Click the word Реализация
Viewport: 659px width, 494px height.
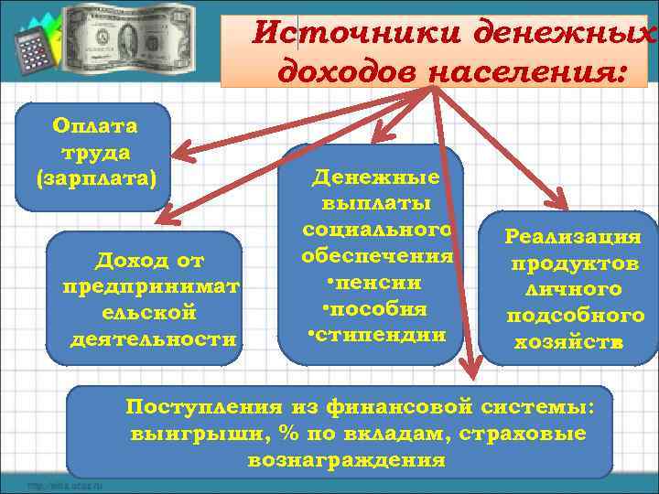574,237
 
